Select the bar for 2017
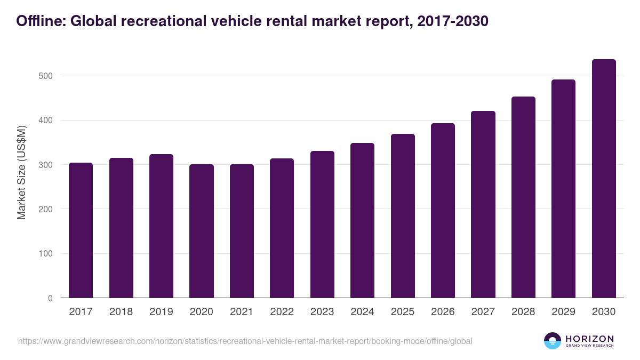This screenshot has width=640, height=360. (81, 230)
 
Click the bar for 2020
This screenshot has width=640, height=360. (201, 231)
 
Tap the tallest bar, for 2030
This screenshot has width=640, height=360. (603, 179)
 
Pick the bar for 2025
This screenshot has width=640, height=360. (402, 216)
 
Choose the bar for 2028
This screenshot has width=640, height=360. (523, 197)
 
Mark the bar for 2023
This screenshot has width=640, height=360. (322, 225)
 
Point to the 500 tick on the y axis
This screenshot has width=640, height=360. (46, 76)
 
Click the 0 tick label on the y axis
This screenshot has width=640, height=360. (50, 298)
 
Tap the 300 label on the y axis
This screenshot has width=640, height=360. (46, 165)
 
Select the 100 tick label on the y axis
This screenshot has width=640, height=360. (46, 254)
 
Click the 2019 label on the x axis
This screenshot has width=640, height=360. (161, 312)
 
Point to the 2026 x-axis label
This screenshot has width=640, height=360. (443, 312)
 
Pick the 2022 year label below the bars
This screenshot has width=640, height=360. (282, 312)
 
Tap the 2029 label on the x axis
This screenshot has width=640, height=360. (563, 312)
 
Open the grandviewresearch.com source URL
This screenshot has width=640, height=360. (245, 341)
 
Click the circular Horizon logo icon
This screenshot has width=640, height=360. (553, 341)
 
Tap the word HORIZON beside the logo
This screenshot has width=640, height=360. (589, 338)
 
